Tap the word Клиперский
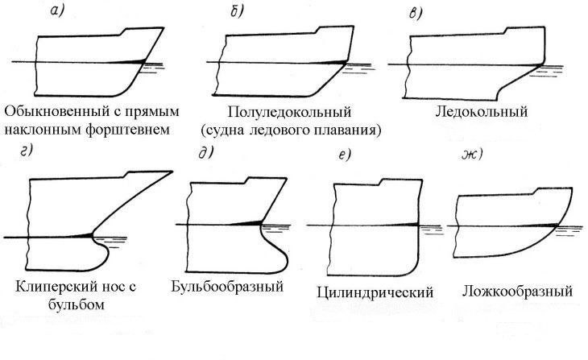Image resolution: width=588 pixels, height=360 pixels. click(50, 288)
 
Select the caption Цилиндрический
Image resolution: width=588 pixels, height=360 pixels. click(376, 292)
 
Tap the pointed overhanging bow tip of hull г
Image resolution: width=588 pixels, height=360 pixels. click(170, 172)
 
